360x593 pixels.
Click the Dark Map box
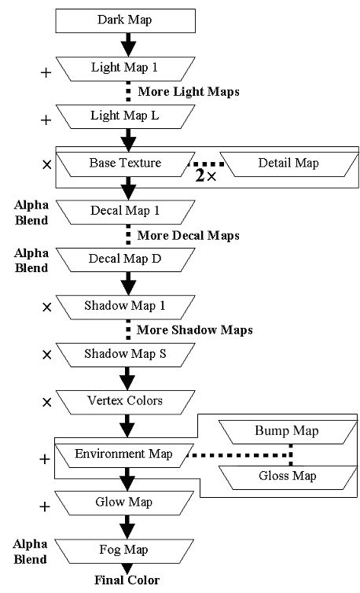pos(125,20)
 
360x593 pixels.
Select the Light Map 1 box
pos(125,69)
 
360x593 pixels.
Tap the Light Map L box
pos(125,116)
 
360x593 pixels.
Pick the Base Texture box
pos(125,164)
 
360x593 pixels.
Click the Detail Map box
pos(288,164)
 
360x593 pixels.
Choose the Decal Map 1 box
pos(125,212)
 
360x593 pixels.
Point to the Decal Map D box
pos(125,260)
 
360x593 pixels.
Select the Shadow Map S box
pos(125,355)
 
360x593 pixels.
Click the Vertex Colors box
pos(125,402)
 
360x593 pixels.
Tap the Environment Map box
pos(124,455)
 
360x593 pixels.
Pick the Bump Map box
pos(288,432)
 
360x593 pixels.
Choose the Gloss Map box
pos(288,477)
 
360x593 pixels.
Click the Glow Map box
pos(124,503)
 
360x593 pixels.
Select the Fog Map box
pos(124,551)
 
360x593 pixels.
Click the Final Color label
pos(127,580)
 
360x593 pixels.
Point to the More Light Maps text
pos(189,92)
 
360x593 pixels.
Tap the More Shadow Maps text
pos(195,330)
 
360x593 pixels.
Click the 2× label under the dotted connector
pos(206,175)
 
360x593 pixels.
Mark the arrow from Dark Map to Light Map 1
pos(129,45)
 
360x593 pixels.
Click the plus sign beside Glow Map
pos(45,506)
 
